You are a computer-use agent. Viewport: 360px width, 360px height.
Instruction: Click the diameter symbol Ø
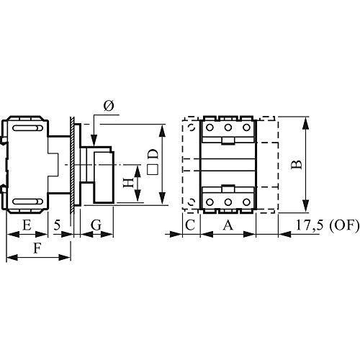[x=109, y=106]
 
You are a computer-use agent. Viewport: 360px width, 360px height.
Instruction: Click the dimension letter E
[x=27, y=225]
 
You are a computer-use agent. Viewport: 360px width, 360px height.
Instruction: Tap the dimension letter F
[x=36, y=248]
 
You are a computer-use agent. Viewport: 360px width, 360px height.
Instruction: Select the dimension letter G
[x=96, y=225]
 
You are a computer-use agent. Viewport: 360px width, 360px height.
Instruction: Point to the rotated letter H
[x=128, y=183]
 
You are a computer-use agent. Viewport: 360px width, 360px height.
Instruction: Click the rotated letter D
[x=153, y=155]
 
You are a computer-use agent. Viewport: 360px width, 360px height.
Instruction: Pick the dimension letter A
[x=228, y=225]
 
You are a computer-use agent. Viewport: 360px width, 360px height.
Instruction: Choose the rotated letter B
[x=297, y=165]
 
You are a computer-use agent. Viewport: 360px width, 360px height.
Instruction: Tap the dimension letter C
[x=190, y=225]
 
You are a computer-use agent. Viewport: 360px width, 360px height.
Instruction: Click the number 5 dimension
[x=57, y=225]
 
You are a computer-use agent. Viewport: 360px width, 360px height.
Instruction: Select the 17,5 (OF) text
[x=328, y=225]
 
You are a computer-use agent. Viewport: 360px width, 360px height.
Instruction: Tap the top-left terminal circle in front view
[x=210, y=127]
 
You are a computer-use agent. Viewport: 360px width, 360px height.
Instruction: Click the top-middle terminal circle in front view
[x=228, y=127]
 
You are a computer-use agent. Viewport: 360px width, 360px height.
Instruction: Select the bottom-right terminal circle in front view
[x=246, y=202]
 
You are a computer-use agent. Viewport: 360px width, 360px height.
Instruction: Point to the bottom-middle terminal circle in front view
[x=228, y=202]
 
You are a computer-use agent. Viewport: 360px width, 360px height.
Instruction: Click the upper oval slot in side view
[x=27, y=128]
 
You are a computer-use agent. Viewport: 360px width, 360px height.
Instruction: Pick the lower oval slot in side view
[x=27, y=202]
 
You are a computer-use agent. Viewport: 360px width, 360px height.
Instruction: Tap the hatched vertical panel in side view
[x=72, y=165]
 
